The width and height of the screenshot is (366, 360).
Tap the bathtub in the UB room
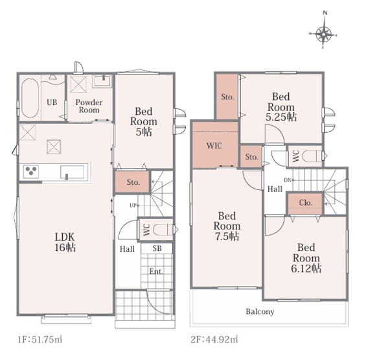pyautogui.click(x=30, y=98)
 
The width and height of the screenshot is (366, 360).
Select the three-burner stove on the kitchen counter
pyautogui.click(x=31, y=172)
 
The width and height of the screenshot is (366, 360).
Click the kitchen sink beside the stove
pyautogui.click(x=72, y=173)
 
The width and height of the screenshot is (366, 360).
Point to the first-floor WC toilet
pyautogui.click(x=163, y=230)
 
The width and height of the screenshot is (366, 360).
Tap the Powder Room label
pyautogui.click(x=89, y=106)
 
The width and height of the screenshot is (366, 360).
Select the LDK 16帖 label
pyautogui.click(x=65, y=242)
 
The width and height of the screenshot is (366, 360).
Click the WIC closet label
pyautogui.click(x=214, y=146)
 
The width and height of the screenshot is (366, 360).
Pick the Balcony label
pyautogui.click(x=260, y=311)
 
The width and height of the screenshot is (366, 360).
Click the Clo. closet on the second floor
pyautogui.click(x=305, y=203)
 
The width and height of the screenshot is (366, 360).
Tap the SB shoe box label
pyautogui.click(x=157, y=248)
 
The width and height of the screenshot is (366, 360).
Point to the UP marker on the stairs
pyautogui.click(x=133, y=206)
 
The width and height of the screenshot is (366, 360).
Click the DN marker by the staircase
pyautogui.click(x=288, y=180)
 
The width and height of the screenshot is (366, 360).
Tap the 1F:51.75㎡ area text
pyautogui.click(x=40, y=339)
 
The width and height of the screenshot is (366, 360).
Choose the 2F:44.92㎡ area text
pyautogui.click(x=214, y=339)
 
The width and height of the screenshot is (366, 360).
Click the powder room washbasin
pyautogui.click(x=102, y=80)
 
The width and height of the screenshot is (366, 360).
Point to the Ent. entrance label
pyautogui.click(x=156, y=272)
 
